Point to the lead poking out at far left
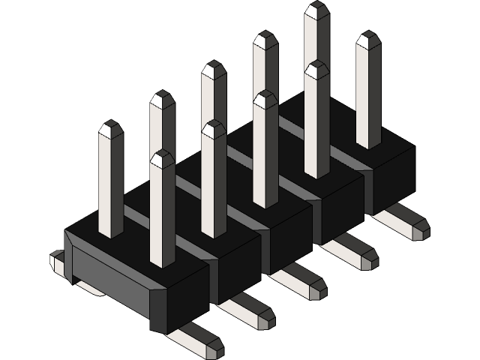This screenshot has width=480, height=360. [56, 260]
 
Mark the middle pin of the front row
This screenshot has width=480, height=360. [265, 150]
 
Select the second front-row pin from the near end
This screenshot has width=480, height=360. [214, 180]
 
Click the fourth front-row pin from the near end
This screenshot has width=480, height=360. [316, 120]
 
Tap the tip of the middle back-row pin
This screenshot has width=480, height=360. [214, 70]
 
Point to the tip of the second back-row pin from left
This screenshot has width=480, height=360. [162, 100]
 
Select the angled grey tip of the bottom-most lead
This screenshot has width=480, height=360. [214, 347]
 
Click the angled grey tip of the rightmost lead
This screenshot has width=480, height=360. [419, 229]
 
